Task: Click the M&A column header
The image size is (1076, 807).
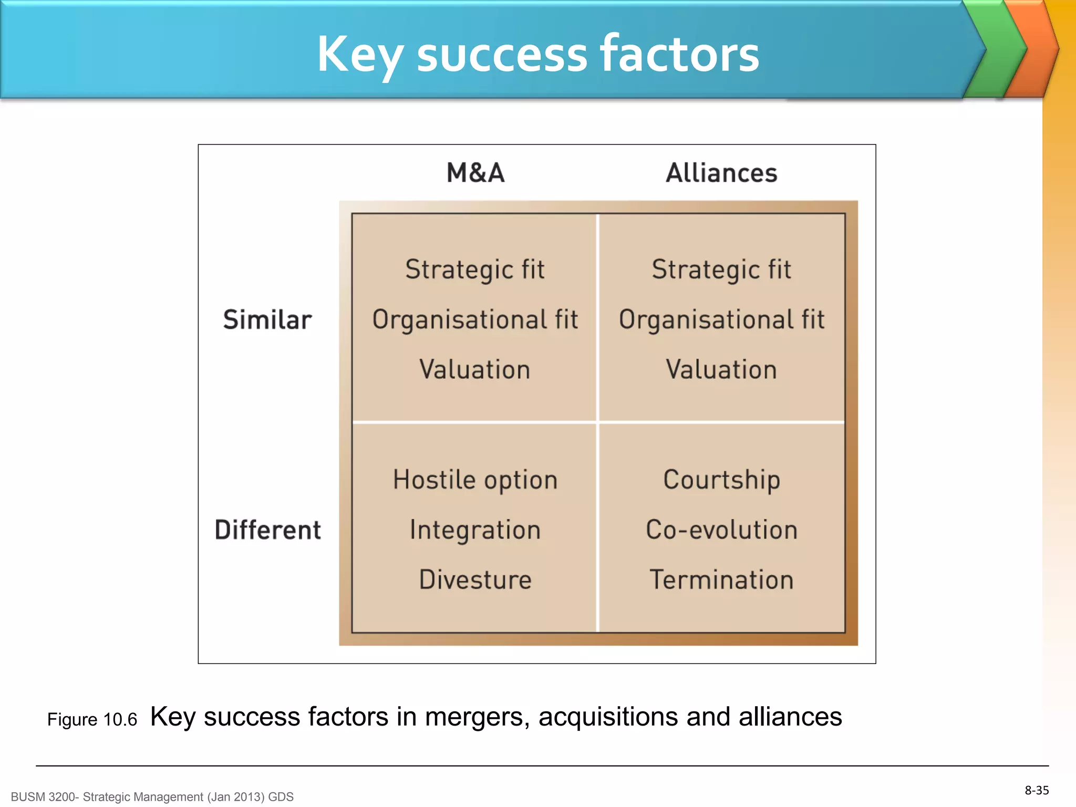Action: click(475, 173)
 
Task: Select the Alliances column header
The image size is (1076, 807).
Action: click(721, 173)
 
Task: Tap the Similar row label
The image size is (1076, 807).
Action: click(267, 320)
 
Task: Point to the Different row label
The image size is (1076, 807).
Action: click(267, 530)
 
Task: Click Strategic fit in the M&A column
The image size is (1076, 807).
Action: click(475, 270)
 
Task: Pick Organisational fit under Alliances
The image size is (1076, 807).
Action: click(721, 320)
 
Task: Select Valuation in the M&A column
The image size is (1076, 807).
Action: click(475, 369)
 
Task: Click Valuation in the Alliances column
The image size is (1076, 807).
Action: click(721, 369)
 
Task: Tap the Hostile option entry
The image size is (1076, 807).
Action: click(475, 480)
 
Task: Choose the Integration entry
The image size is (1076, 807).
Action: click(475, 530)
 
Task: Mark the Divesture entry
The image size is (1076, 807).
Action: click(475, 580)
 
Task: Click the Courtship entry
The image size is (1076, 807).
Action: click(721, 480)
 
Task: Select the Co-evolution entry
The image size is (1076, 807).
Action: click(721, 530)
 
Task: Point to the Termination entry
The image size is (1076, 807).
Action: click(721, 580)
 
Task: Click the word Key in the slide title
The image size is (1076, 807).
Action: click(360, 54)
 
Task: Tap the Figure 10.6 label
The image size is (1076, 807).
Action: click(92, 719)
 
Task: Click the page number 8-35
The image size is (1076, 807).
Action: click(1037, 790)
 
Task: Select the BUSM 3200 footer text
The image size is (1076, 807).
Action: click(152, 797)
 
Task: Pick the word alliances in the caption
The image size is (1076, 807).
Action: click(790, 717)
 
